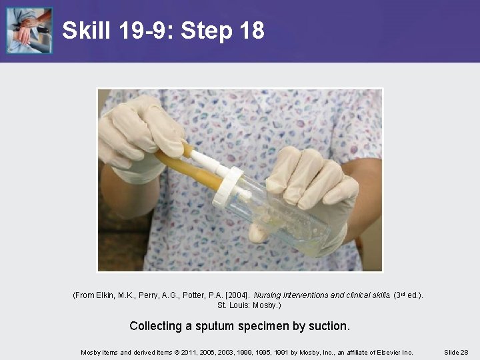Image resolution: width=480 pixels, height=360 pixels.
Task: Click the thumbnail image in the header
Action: click(x=29, y=30)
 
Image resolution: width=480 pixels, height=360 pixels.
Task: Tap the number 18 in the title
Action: click(x=252, y=30)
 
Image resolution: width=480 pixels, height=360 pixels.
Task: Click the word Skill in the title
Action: click(x=86, y=30)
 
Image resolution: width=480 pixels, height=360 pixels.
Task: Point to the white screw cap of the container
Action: click(x=228, y=186)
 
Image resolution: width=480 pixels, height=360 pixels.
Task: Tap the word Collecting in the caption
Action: click(x=155, y=326)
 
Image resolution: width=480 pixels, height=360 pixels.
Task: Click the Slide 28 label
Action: click(x=456, y=353)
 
